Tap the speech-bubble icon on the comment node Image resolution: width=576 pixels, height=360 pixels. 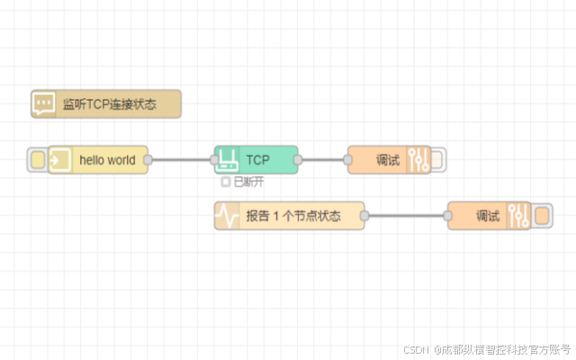pyautogui.click(x=43, y=104)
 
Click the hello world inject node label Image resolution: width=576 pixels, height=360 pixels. pyautogui.click(x=107, y=160)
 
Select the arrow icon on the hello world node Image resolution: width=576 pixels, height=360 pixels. pyautogui.click(x=60, y=160)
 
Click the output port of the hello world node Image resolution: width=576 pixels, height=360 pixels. pyautogui.click(x=148, y=160)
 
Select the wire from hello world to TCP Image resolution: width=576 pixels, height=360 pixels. pyautogui.click(x=181, y=160)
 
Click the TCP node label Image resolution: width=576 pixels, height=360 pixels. pyautogui.click(x=258, y=160)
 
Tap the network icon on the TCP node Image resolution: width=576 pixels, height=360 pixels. pyautogui.click(x=228, y=160)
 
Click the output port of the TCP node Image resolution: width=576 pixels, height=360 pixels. pyautogui.click(x=298, y=160)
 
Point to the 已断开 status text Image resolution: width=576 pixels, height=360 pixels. pyautogui.click(x=249, y=182)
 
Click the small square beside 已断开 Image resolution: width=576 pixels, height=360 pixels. pyautogui.click(x=226, y=182)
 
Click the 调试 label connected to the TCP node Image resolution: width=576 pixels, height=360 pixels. pyautogui.click(x=387, y=160)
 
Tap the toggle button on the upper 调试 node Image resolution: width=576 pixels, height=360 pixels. pyautogui.click(x=437, y=160)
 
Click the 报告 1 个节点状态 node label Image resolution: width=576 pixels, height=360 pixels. pyautogui.click(x=292, y=216)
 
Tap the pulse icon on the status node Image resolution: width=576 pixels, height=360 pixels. pyautogui.click(x=228, y=216)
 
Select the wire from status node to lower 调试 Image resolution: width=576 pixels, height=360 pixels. pyautogui.click(x=407, y=216)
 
